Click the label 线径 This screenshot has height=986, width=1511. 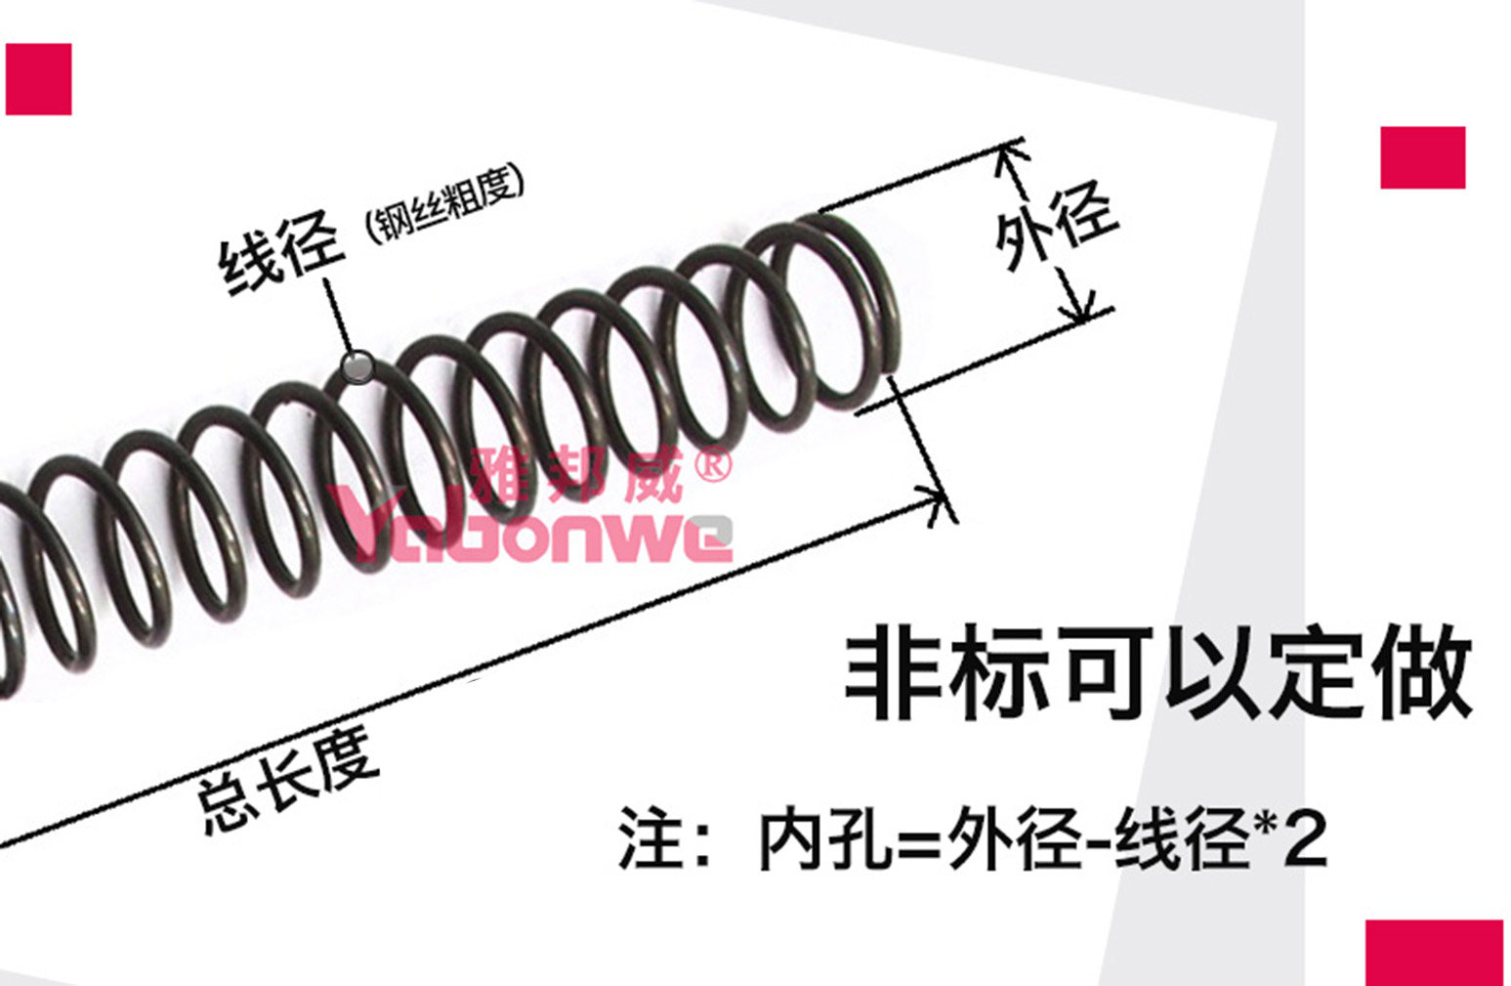(281, 252)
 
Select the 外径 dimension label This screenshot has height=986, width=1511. (1056, 222)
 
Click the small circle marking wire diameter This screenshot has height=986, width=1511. (357, 367)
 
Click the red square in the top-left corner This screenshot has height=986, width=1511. (38, 79)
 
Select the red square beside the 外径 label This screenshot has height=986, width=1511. (1423, 157)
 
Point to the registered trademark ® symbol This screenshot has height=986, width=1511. (712, 465)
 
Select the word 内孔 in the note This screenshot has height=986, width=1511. (827, 841)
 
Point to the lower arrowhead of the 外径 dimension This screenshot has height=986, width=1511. (1076, 307)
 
